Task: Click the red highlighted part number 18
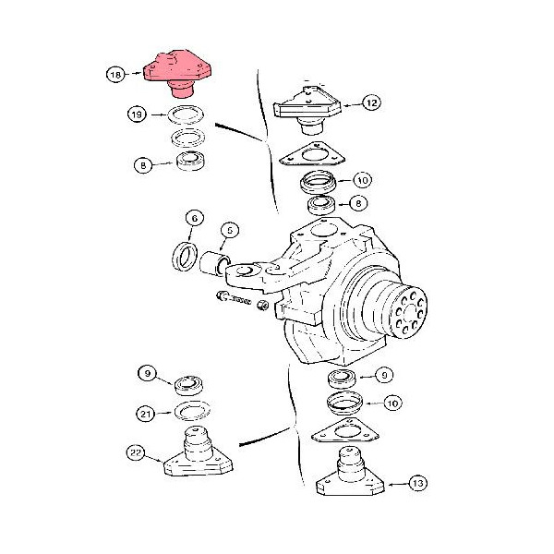[x=177, y=73]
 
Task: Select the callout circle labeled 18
[x=115, y=75]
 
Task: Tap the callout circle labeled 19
[x=137, y=114]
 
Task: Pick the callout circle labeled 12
[x=372, y=102]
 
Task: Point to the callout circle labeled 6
[x=195, y=218]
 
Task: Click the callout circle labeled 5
[x=230, y=230]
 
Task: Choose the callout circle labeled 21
[x=146, y=414]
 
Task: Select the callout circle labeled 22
[x=136, y=452]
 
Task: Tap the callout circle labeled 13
[x=418, y=483]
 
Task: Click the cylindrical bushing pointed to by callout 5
[x=214, y=262]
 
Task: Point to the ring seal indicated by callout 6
[x=185, y=256]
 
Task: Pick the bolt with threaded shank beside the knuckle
[x=234, y=298]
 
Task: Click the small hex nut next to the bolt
[x=262, y=305]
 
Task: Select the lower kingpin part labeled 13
[x=350, y=471]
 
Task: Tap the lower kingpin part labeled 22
[x=198, y=452]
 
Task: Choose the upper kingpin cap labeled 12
[x=307, y=109]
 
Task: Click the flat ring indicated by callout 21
[x=192, y=411]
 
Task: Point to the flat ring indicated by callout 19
[x=187, y=114]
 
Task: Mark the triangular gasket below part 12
[x=312, y=155]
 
